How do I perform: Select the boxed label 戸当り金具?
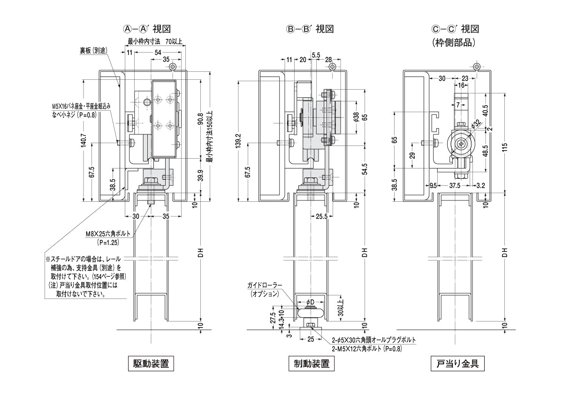click(x=457, y=364)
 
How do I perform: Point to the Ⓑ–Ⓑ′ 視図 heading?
click(x=311, y=29)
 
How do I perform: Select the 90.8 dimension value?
click(x=201, y=121)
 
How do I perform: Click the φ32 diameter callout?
click(x=476, y=124)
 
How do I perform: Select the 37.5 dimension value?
click(x=454, y=185)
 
